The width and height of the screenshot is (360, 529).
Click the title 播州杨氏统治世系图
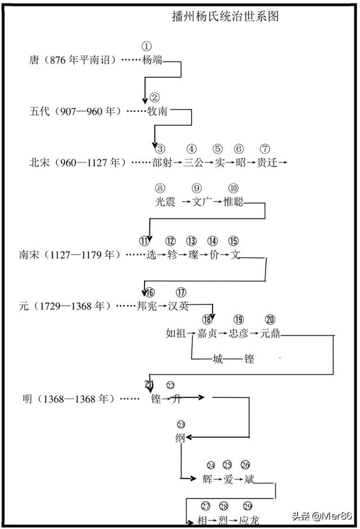[x=225, y=17]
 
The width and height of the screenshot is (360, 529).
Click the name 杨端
[x=152, y=60]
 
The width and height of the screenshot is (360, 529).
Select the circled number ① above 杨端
[x=147, y=46]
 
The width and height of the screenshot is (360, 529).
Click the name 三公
[x=194, y=163]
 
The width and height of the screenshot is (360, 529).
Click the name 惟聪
[x=233, y=201]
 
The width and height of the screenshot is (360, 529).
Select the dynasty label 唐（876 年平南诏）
[x=73, y=60]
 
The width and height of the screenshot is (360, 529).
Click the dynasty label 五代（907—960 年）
[x=75, y=111]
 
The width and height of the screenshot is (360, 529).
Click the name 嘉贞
[x=207, y=334]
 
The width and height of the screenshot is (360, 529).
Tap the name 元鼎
[x=270, y=334]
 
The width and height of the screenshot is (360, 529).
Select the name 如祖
[x=176, y=334]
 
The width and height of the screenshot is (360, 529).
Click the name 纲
[x=180, y=438]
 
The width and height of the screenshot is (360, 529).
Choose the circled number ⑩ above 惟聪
[x=233, y=189]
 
